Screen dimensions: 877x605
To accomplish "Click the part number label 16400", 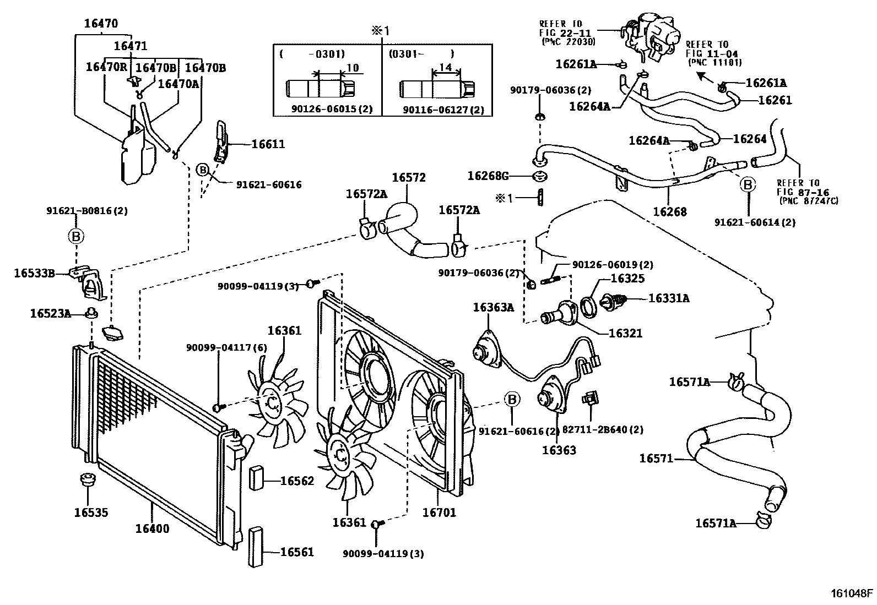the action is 152,528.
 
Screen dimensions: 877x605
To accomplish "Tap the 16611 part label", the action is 268,144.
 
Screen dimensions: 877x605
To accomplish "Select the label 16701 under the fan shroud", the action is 439,513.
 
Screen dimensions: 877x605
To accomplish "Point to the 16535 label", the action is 91,513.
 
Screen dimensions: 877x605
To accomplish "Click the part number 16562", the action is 297,481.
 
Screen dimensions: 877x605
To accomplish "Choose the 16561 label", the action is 297,552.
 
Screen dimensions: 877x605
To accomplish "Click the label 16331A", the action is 669,298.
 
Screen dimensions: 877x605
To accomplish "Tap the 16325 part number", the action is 627,278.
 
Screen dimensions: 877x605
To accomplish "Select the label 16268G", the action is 488,176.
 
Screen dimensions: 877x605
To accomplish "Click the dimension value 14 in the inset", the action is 446,67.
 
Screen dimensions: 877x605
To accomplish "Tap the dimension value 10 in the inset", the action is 353,68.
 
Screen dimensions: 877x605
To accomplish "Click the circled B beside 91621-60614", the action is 748,184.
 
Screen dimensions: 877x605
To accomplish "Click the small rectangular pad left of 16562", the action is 257,478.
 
